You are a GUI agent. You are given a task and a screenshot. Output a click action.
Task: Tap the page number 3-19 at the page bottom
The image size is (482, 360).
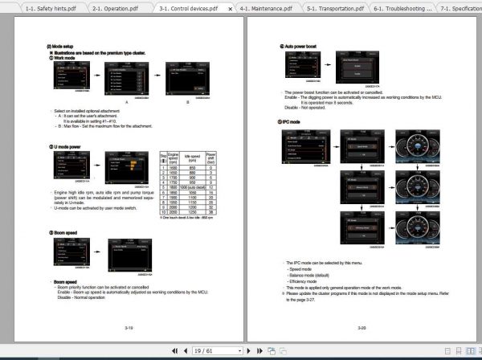pos(129,328)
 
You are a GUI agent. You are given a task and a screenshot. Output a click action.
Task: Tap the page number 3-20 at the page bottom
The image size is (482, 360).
pos(361,328)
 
